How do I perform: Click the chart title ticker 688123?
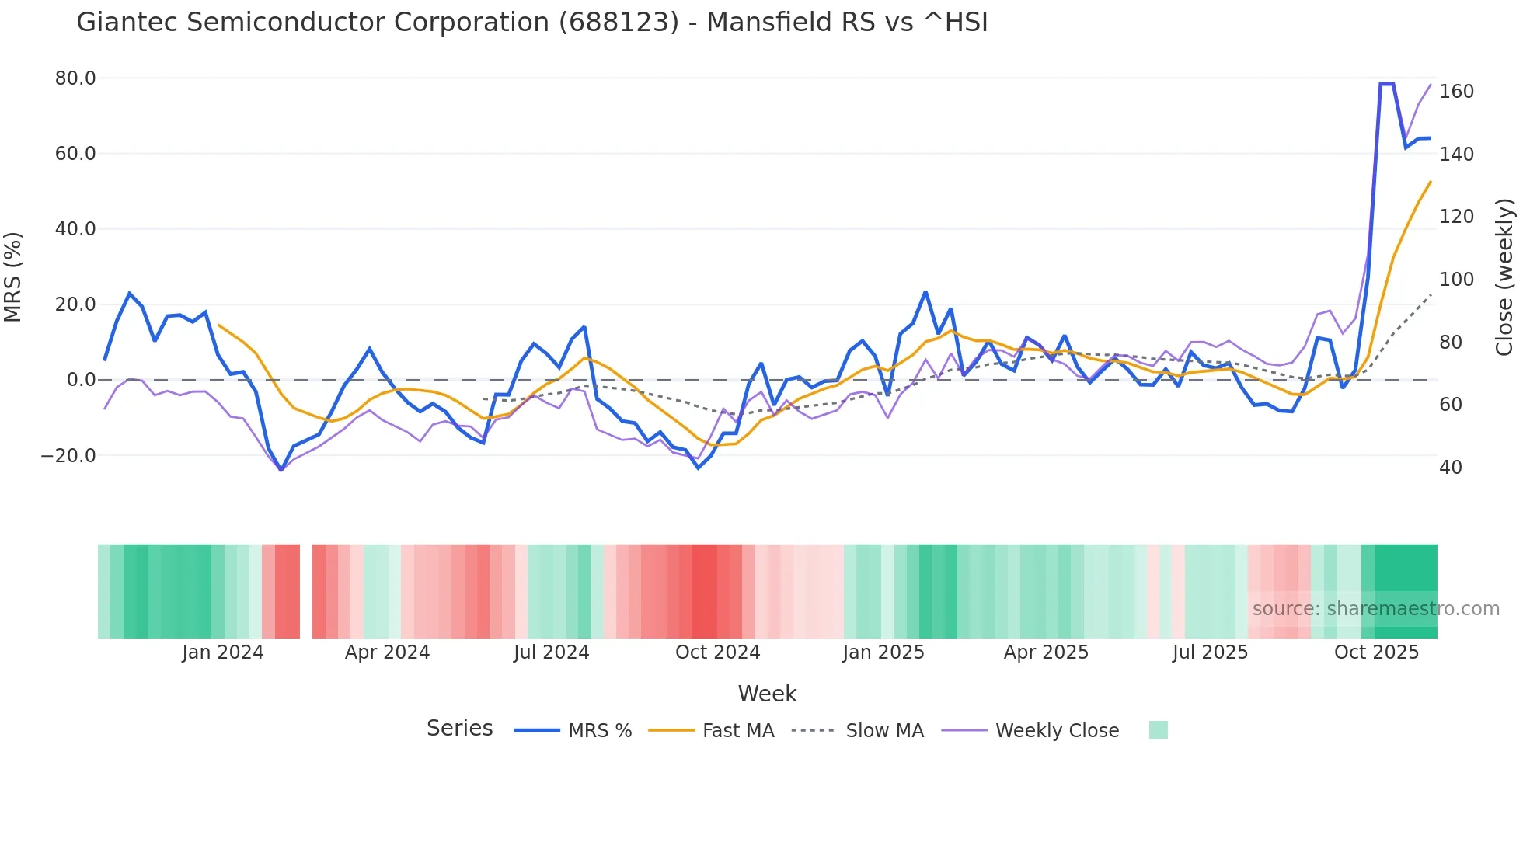point(619,23)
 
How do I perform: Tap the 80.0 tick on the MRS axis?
point(75,78)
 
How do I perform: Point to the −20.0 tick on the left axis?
point(68,456)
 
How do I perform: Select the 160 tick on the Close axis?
point(1456,92)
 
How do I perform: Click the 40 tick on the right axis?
point(1451,468)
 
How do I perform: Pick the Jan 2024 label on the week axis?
point(223,652)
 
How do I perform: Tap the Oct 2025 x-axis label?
point(1376,652)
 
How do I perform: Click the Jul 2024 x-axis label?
point(551,652)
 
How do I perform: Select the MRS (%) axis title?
point(13,277)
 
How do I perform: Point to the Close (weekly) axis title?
point(1504,277)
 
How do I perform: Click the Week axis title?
point(767,694)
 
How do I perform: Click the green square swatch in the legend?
point(1158,730)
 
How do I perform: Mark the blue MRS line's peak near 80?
point(1386,83)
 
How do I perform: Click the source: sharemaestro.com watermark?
point(1375,609)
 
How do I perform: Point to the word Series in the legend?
point(459,729)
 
